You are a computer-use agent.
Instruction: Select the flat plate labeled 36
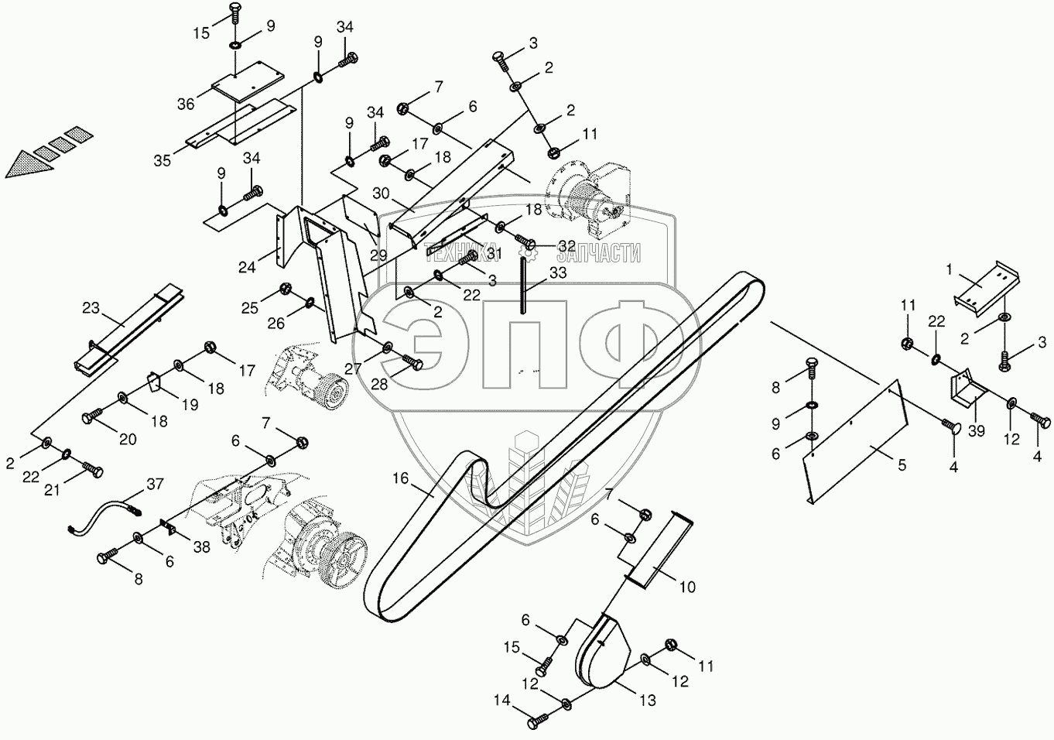(247, 85)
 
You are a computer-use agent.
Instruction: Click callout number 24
(247, 268)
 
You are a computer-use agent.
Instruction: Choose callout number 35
(162, 161)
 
